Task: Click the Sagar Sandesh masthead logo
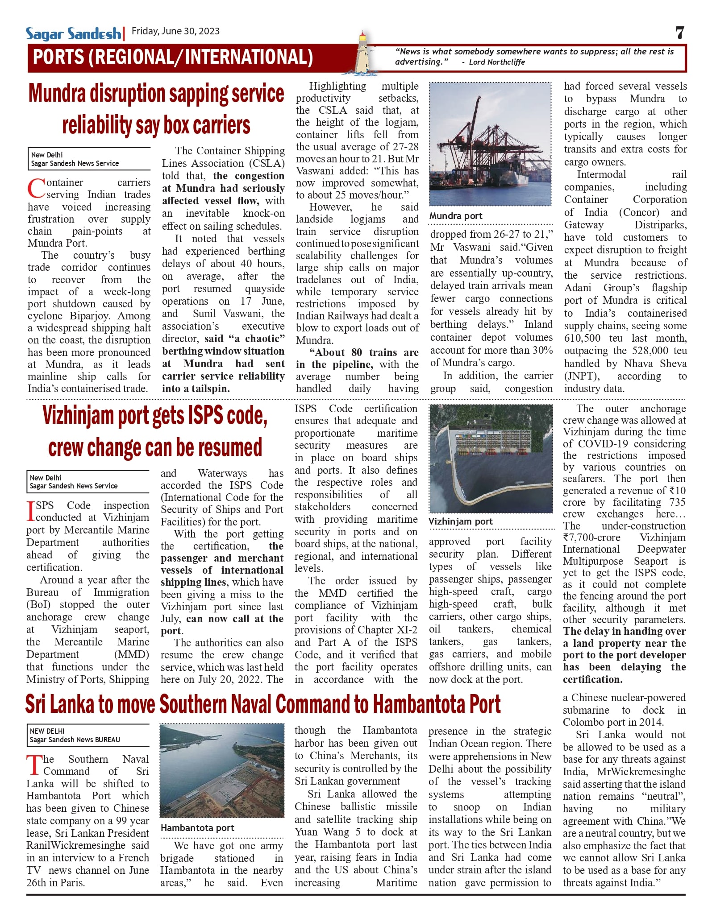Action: coord(73,33)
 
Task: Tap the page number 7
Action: coord(679,33)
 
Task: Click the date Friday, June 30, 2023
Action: coord(175,31)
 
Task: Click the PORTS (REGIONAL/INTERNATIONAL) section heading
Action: coord(173,58)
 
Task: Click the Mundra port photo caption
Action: coord(456,216)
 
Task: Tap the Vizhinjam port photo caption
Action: coord(460,521)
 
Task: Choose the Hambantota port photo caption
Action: coord(197,828)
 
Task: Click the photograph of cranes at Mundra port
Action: coord(490,144)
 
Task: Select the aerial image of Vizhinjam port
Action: coord(490,459)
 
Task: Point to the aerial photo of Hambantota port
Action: coord(222,770)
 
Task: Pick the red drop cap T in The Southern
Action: coord(34,765)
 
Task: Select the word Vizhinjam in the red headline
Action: coord(78,416)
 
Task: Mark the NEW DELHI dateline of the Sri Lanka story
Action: coord(47,731)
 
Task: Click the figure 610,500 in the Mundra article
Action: coord(582,338)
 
